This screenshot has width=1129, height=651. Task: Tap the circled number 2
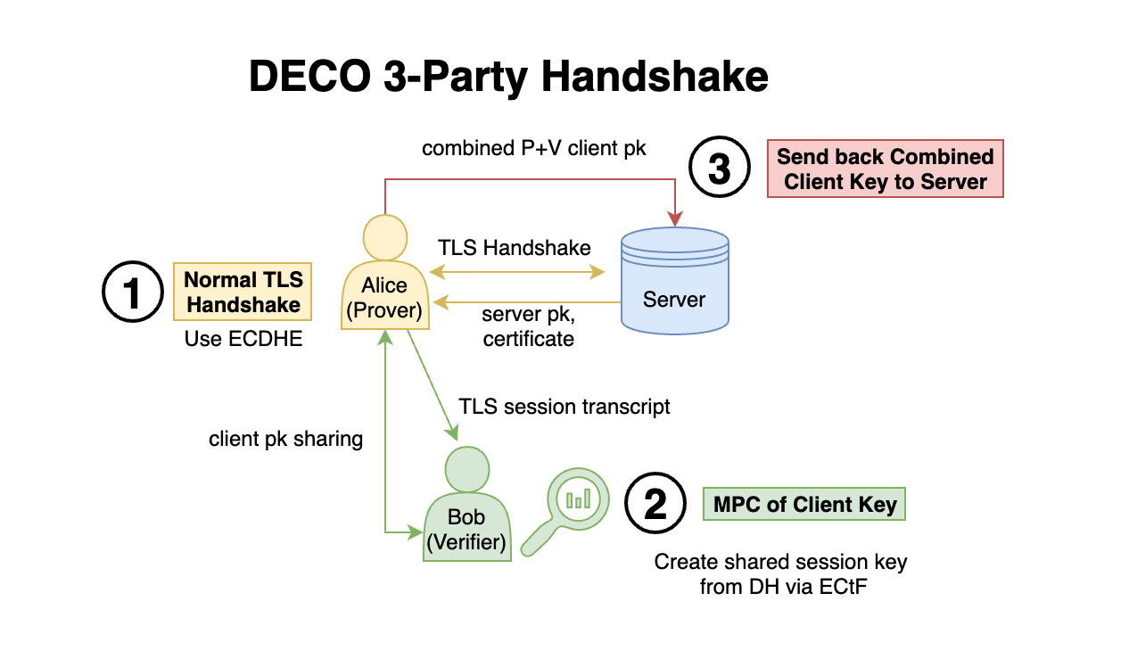[x=655, y=505]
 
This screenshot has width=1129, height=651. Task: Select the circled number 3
[x=719, y=169]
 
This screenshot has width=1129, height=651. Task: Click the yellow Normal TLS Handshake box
[x=243, y=292]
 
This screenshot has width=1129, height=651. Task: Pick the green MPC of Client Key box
[x=804, y=504]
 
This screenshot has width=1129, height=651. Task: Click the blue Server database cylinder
[x=674, y=280]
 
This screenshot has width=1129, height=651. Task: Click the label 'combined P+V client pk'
[x=534, y=148]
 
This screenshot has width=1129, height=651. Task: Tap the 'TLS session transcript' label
[x=564, y=407]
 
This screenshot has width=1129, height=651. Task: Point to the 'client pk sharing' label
[x=285, y=439]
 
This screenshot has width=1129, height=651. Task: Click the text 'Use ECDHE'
[x=243, y=339]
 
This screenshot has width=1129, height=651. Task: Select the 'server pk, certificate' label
[x=528, y=326]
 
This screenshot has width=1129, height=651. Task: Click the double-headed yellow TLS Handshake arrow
[x=517, y=271]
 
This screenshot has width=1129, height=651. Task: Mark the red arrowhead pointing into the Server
[x=675, y=218]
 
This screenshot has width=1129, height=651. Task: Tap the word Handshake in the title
[x=654, y=77]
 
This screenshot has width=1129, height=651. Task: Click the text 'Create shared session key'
[x=780, y=562]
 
